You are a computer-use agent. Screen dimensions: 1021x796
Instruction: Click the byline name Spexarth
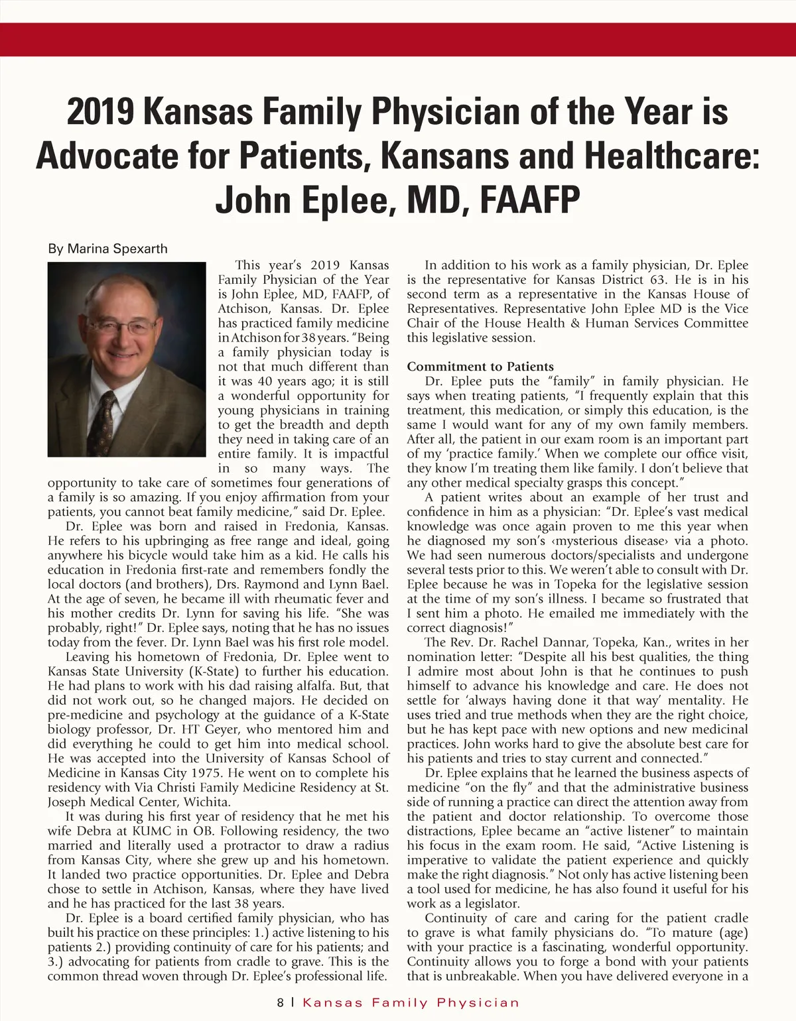140,249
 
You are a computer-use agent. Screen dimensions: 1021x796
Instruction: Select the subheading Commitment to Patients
480,367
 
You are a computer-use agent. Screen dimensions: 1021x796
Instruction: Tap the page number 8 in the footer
281,1003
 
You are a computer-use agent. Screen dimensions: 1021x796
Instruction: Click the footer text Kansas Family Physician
411,1003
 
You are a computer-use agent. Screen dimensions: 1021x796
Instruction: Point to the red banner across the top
398,39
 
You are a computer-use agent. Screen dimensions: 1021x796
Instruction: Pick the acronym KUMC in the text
153,831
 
